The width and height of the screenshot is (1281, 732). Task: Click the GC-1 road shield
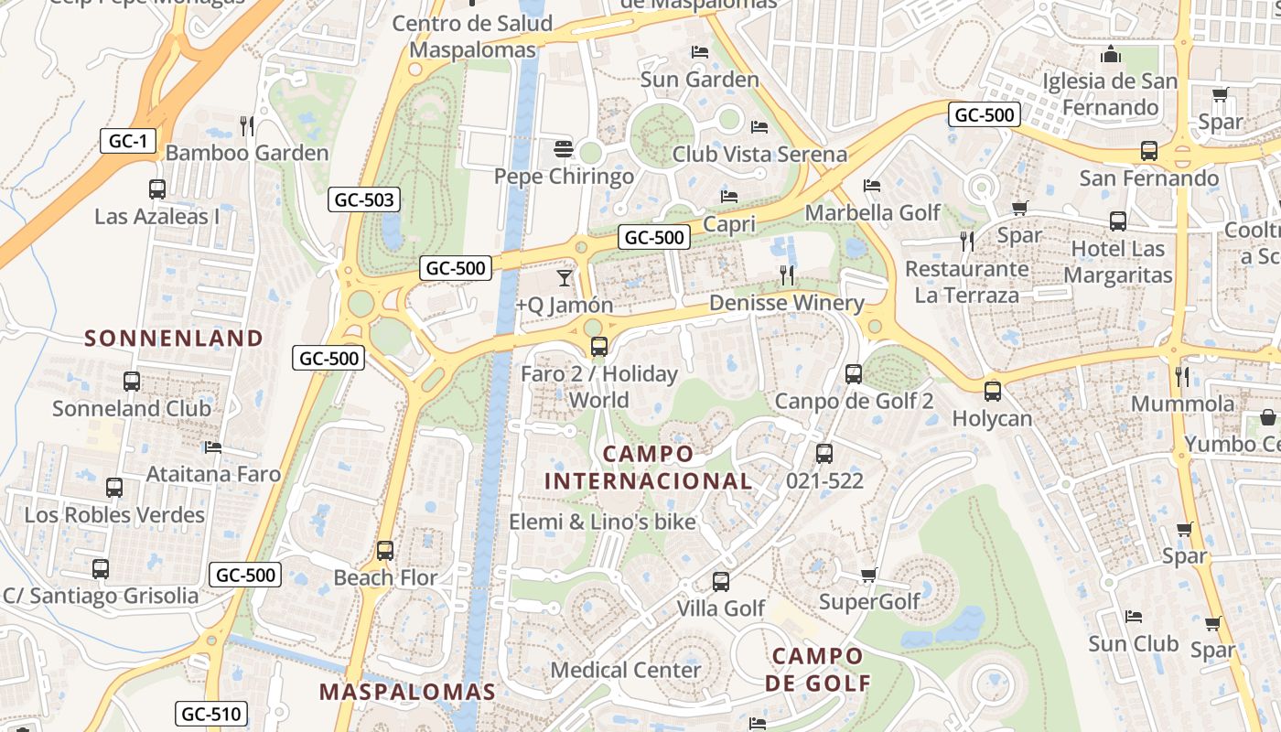[128, 141]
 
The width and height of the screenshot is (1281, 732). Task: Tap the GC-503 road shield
[364, 199]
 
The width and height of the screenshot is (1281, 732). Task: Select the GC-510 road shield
[211, 714]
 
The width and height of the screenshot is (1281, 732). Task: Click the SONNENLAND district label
[174, 339]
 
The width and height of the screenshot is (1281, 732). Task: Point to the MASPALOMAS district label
[407, 692]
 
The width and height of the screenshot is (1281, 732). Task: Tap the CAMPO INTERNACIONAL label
[649, 468]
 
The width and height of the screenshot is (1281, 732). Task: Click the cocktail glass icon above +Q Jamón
[565, 277]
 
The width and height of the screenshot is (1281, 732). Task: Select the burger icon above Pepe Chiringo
[563, 148]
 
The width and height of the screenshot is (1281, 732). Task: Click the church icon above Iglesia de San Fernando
[1111, 54]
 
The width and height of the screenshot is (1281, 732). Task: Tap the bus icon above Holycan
[993, 392]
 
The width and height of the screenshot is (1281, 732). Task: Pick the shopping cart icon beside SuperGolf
[868, 576]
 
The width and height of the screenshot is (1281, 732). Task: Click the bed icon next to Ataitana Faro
[213, 447]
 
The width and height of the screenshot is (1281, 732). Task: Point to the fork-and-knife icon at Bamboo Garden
[246, 125]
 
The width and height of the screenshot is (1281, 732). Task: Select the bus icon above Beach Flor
[385, 551]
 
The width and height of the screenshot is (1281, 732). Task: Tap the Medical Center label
[625, 670]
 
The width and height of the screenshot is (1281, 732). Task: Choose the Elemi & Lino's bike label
[602, 522]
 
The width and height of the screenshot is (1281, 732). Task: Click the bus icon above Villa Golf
[721, 581]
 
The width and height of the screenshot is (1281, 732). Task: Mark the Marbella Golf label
[872, 212]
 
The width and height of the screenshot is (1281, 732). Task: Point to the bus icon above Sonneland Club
[132, 382]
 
